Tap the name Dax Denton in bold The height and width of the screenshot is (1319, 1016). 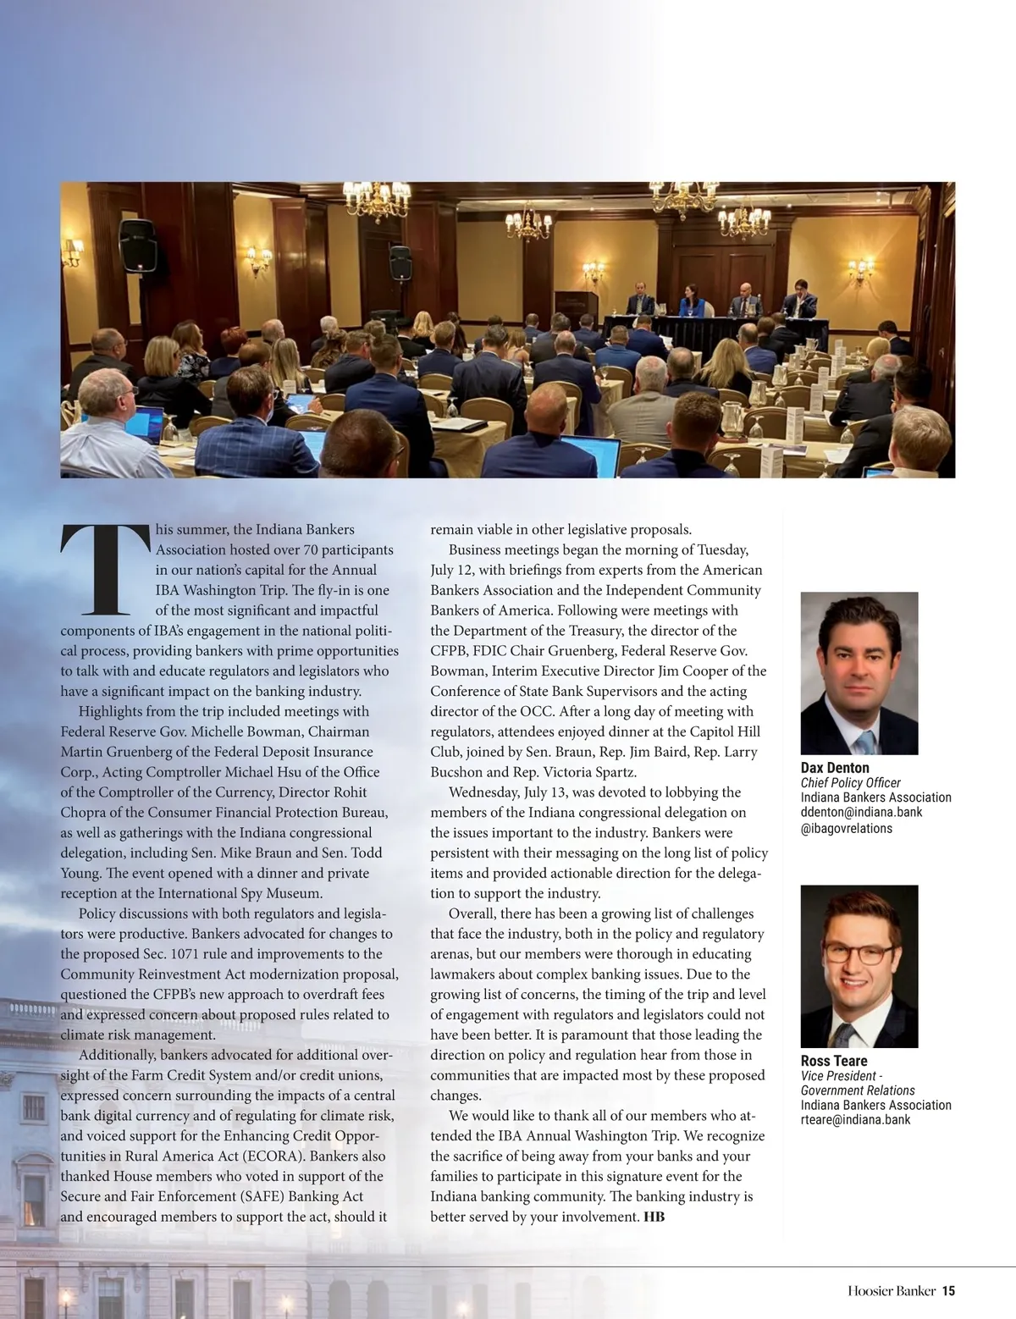[835, 768]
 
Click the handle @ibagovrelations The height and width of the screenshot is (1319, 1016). [846, 828]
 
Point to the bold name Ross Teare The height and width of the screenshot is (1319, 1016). [834, 1061]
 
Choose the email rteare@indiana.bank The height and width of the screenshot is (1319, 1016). [855, 1119]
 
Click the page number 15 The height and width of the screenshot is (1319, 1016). [948, 1291]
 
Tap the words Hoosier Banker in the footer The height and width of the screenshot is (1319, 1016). [892, 1291]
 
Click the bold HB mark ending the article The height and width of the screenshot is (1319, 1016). [654, 1217]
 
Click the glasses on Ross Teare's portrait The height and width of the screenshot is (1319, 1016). [858, 952]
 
